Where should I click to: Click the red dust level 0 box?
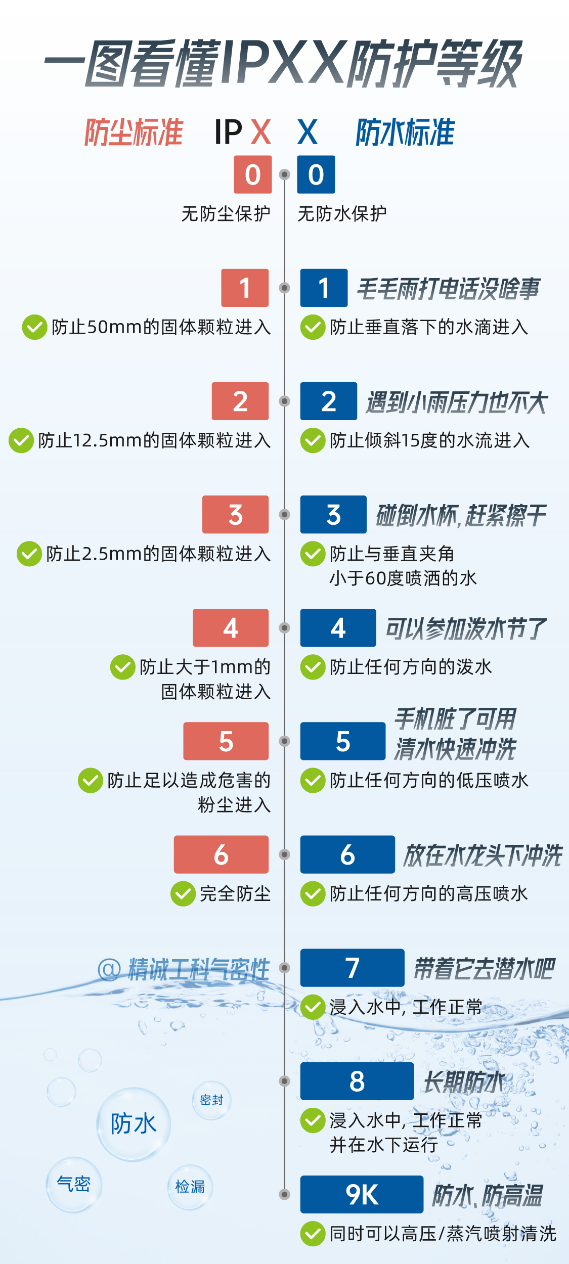252,174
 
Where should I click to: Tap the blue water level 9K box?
362,1194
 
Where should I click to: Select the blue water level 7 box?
352,968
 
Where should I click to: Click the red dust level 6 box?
221,854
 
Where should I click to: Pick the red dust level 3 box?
235,514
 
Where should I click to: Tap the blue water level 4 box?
338,628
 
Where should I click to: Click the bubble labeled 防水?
134,1124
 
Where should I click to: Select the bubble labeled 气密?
74,1185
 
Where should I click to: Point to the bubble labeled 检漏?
190,1187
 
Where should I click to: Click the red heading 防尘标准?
134,132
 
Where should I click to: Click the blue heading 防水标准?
405,132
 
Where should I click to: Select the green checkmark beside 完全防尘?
183,894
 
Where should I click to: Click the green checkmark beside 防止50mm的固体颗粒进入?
34,327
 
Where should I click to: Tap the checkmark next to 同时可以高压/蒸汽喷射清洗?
313,1234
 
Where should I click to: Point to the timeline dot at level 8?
285,1081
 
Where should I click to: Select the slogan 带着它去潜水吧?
484,969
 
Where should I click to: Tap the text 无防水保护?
342,214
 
